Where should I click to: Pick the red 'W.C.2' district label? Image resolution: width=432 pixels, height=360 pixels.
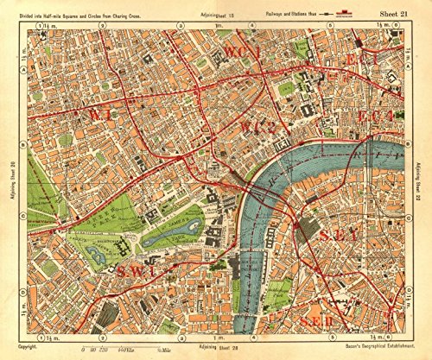[251, 129]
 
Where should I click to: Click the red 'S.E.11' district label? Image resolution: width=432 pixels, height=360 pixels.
[326, 321]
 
